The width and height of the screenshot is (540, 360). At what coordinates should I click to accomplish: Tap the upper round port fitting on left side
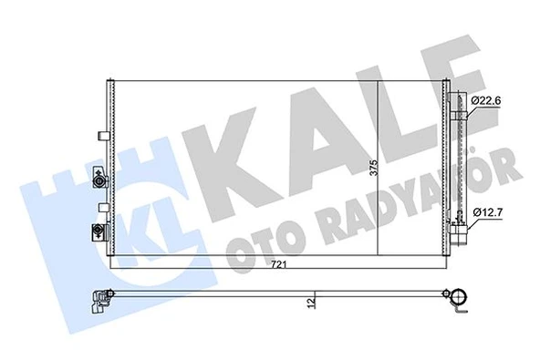pyautogui.click(x=99, y=182)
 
